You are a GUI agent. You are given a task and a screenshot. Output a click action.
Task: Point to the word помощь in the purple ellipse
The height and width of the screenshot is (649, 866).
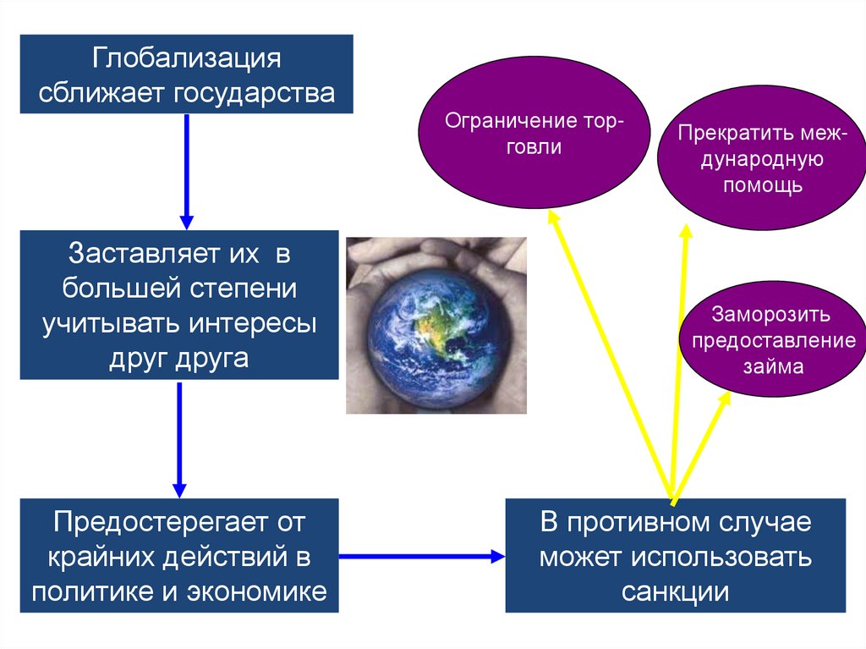[x=762, y=185]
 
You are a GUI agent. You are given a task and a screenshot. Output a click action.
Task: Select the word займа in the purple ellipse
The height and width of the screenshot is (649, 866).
[x=773, y=367]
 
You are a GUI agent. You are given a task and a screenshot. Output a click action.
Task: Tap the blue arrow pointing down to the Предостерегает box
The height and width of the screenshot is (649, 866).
[x=179, y=440]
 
